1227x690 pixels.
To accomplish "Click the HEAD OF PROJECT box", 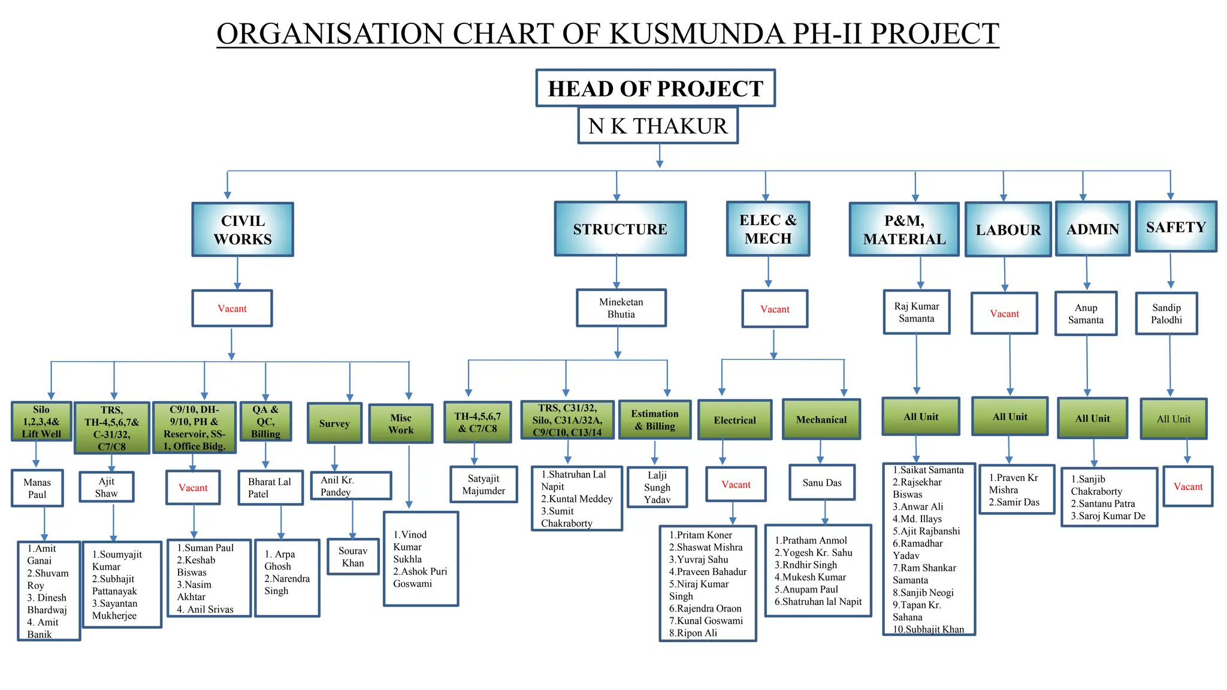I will pyautogui.click(x=655, y=89).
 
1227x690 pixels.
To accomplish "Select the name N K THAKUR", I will pyautogui.click(x=658, y=126).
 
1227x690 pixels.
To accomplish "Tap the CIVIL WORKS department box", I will pyautogui.click(x=243, y=230).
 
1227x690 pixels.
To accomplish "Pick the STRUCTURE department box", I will pyautogui.click(x=620, y=229).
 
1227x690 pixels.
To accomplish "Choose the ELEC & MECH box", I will pyautogui.click(x=768, y=229).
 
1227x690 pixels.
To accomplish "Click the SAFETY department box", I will pyautogui.click(x=1175, y=227).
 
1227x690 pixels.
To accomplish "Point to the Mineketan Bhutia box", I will pyautogui.click(x=621, y=308).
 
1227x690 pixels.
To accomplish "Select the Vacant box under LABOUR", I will pyautogui.click(x=1004, y=313).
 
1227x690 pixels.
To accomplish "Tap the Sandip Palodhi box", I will pyautogui.click(x=1166, y=314).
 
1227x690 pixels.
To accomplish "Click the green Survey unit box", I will pyautogui.click(x=334, y=423).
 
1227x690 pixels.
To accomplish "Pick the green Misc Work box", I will pyautogui.click(x=401, y=424).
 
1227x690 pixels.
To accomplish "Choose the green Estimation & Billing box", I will pyautogui.click(x=654, y=420).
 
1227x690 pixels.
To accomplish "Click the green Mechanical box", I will pyautogui.click(x=821, y=420).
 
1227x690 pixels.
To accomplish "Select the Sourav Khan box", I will pyautogui.click(x=353, y=557).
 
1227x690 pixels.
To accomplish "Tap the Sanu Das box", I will pyautogui.click(x=822, y=483).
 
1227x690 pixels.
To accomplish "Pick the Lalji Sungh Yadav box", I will pyautogui.click(x=657, y=488).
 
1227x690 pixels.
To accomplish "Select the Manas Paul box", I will pyautogui.click(x=37, y=488).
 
